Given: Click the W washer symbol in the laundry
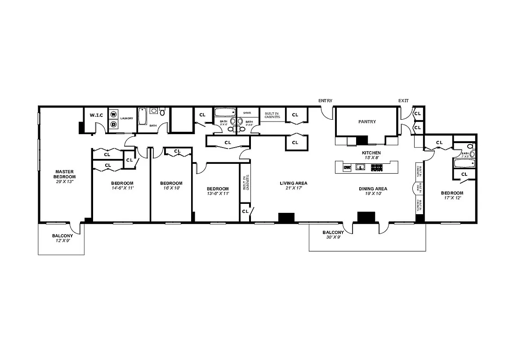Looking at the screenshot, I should coord(114,115).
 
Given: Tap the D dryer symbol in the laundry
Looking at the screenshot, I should coord(114,124).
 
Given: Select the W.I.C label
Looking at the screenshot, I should coord(96,115).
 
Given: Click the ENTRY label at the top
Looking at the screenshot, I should coord(325,100).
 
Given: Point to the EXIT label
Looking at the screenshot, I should coord(403,100).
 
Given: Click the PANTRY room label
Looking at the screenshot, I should coord(367,121).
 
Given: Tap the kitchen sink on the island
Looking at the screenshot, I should coord(360,167).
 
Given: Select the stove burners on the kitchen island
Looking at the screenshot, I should coord(376,167).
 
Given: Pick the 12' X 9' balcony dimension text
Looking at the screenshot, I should coord(62,241).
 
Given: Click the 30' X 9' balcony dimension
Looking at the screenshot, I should coord(333,238).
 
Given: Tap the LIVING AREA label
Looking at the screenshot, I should coord(293,183).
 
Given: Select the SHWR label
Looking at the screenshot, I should coord(247,113).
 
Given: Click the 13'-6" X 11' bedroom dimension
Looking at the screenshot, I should coord(218,193).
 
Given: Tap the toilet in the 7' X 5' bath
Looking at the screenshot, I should coord(470,147).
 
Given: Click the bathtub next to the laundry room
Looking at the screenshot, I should coord(142,117).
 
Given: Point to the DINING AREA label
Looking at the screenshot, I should coord(373,189).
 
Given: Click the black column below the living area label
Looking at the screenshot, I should coord(286,217).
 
